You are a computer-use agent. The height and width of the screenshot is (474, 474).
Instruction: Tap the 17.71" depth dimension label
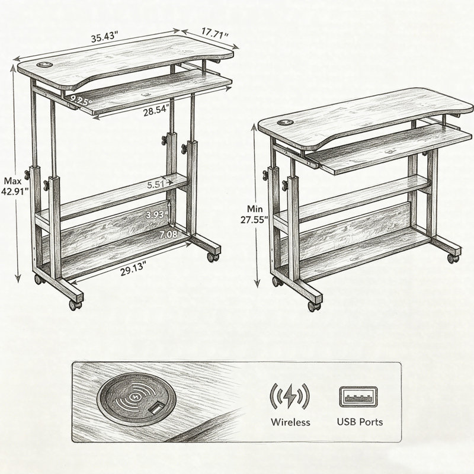pyautogui.click(x=214, y=33)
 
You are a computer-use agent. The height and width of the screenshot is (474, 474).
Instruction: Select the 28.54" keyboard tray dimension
pyautogui.click(x=156, y=111)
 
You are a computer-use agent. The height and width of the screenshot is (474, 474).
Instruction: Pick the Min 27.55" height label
pyautogui.click(x=254, y=214)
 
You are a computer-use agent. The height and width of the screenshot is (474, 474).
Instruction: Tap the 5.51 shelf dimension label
pyautogui.click(x=156, y=184)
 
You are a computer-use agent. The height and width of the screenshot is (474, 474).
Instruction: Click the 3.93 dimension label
pyautogui.click(x=155, y=215)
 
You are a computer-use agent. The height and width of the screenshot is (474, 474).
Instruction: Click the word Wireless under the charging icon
pyautogui.click(x=290, y=422)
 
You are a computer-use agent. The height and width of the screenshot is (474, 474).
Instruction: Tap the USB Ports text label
pyautogui.click(x=360, y=422)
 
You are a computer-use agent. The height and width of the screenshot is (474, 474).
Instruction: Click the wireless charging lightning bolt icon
pyautogui.click(x=290, y=396)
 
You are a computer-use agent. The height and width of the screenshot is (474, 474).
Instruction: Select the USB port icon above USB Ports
pyautogui.click(x=358, y=396)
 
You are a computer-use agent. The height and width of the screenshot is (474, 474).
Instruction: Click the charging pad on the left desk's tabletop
pyautogui.click(x=44, y=65)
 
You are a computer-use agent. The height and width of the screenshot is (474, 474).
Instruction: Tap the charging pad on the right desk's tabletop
pyautogui.click(x=285, y=123)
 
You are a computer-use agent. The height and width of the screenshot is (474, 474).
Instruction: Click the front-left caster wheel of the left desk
pyautogui.click(x=75, y=305)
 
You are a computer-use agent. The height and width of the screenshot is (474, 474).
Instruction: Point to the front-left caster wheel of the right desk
pyautogui.click(x=314, y=306)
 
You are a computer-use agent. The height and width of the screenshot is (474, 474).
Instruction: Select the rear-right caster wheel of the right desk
pyautogui.click(x=453, y=258)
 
